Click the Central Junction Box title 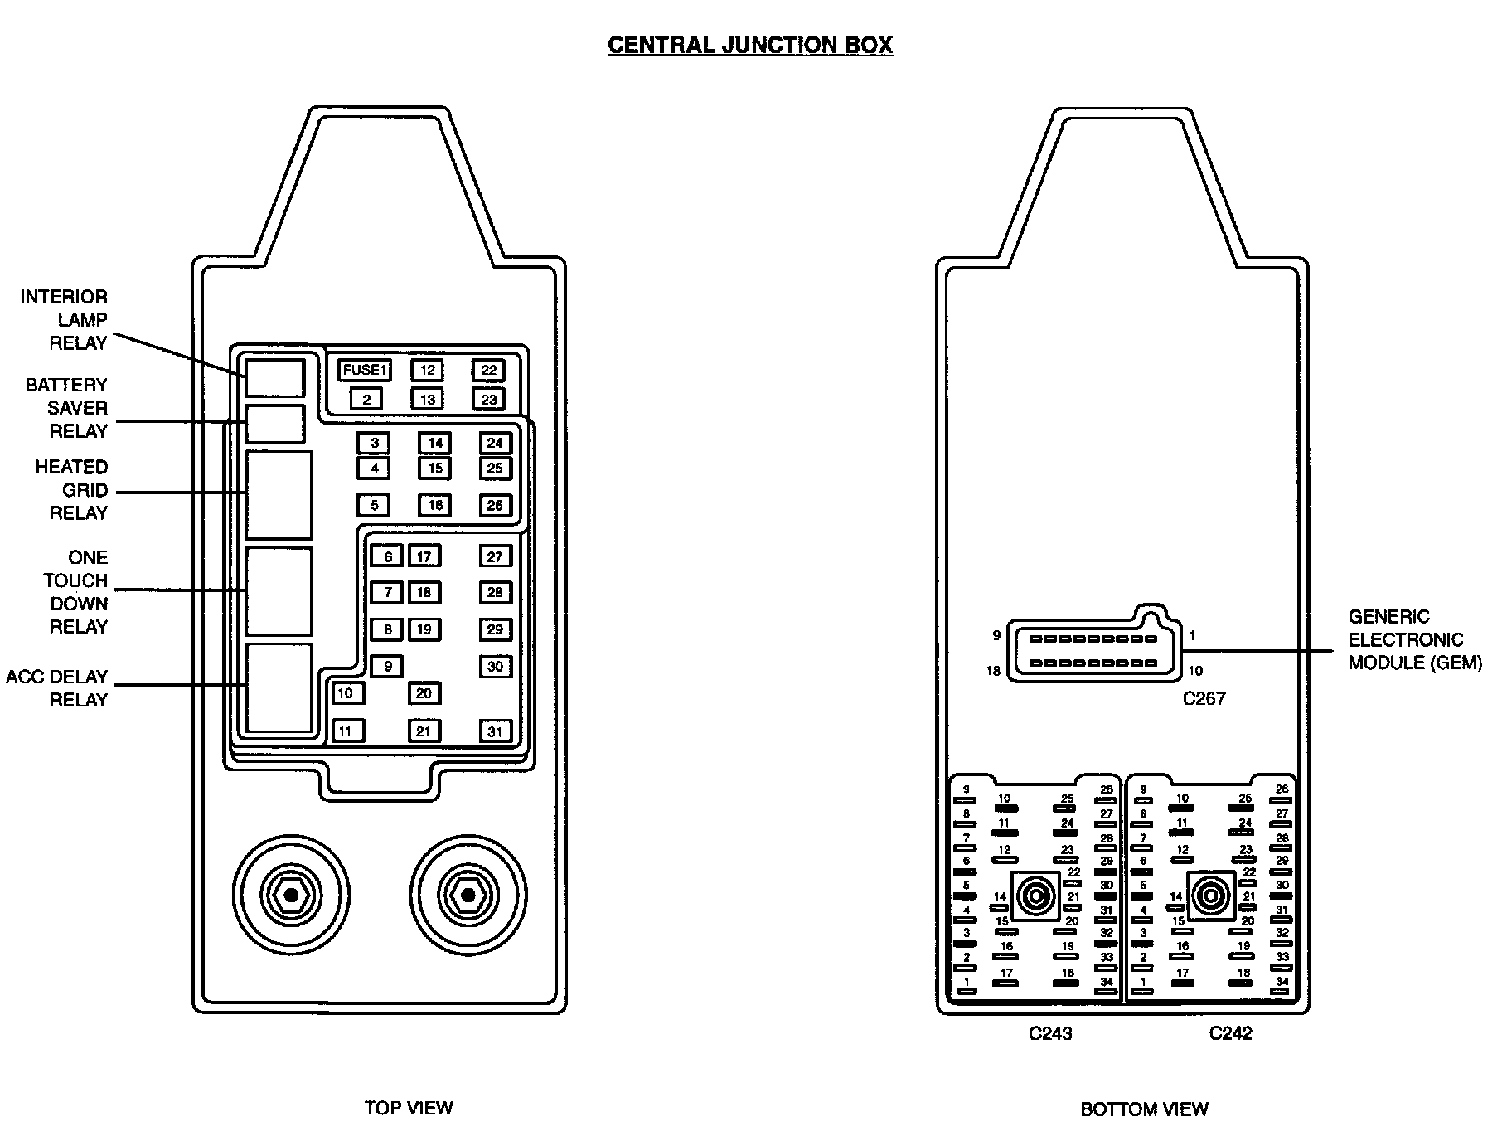pyautogui.click(x=750, y=45)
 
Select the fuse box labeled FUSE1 pyautogui.click(x=366, y=370)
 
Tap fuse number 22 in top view pyautogui.click(x=488, y=370)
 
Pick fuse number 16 pyautogui.click(x=434, y=505)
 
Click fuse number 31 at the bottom pyautogui.click(x=495, y=731)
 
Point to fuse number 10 pyautogui.click(x=347, y=692)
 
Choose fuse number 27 pyautogui.click(x=495, y=556)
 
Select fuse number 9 pyautogui.click(x=386, y=666)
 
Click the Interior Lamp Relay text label pyautogui.click(x=65, y=320)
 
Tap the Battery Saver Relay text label pyautogui.click(x=66, y=408)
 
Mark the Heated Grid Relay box pyautogui.click(x=279, y=495)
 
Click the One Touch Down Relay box pyautogui.click(x=279, y=590)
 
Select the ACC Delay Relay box pyautogui.click(x=279, y=687)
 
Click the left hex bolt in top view pyautogui.click(x=291, y=895)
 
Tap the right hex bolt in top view pyautogui.click(x=468, y=895)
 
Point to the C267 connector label pyautogui.click(x=1204, y=698)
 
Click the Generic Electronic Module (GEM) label pyautogui.click(x=1414, y=639)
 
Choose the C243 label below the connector pyautogui.click(x=1049, y=1033)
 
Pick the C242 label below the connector pyautogui.click(x=1230, y=1033)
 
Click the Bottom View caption pyautogui.click(x=1144, y=1109)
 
